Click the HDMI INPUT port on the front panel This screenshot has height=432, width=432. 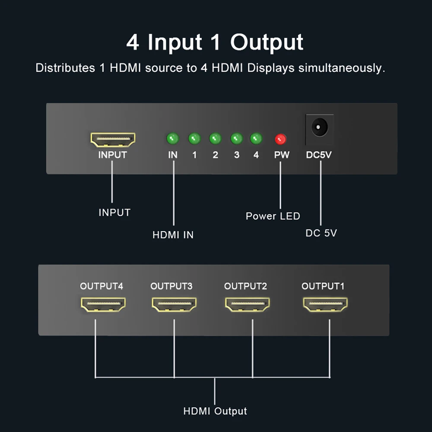click(113, 139)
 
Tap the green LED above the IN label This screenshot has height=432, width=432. click(172, 139)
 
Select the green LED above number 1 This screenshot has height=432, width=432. click(194, 139)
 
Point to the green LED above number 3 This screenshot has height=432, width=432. click(236, 139)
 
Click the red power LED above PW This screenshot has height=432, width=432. click(281, 139)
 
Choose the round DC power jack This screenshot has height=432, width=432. click(320, 128)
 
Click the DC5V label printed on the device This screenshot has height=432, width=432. click(319, 155)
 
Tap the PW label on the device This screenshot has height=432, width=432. click(282, 155)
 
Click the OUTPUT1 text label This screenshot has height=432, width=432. click(323, 286)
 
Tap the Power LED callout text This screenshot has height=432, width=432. click(273, 216)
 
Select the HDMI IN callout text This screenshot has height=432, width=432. click(173, 235)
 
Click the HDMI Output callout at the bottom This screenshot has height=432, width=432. click(215, 411)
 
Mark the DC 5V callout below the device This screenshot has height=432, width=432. click(321, 233)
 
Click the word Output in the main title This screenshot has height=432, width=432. click(267, 42)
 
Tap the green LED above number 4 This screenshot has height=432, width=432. click(256, 139)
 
